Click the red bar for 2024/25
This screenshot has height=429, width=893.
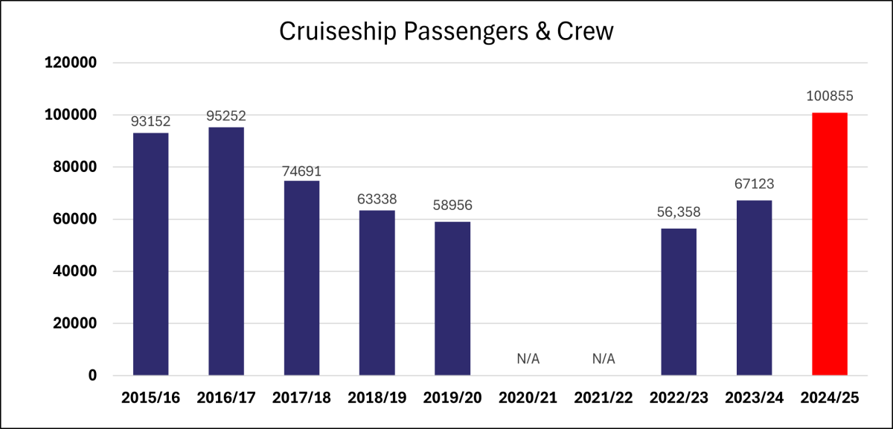tap(829, 244)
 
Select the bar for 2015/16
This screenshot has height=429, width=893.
tap(150, 253)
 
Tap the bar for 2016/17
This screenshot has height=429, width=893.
tap(226, 251)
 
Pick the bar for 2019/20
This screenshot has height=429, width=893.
tap(452, 298)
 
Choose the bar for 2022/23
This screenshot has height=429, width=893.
tap(678, 301)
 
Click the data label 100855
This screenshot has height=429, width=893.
tap(829, 96)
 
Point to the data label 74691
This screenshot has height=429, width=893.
tap(301, 171)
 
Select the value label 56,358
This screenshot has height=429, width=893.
tap(678, 212)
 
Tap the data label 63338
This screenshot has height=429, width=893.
tap(377, 199)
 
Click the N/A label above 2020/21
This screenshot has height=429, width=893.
tap(528, 359)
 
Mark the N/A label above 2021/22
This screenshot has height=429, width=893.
tap(604, 359)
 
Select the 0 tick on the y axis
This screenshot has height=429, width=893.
tap(92, 376)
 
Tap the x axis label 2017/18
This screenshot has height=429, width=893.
tap(301, 398)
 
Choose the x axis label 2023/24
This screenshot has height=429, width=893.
tap(754, 398)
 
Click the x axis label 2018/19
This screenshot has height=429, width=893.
tap(377, 398)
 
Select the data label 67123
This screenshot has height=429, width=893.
tap(754, 184)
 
